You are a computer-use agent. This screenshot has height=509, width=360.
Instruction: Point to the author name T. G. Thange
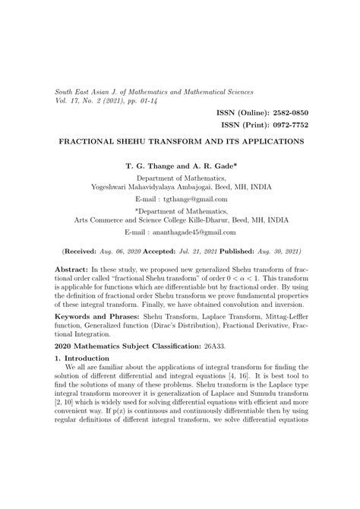(150, 164)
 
